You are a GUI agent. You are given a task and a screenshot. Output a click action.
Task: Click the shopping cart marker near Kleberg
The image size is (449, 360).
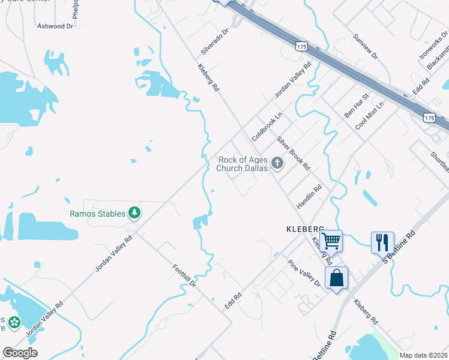(331, 241)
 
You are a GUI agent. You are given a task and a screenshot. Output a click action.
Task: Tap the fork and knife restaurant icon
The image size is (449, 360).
(382, 242)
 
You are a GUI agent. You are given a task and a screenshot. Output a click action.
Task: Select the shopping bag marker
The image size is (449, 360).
(336, 278)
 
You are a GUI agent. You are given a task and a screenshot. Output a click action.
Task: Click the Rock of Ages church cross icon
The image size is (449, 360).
(277, 163)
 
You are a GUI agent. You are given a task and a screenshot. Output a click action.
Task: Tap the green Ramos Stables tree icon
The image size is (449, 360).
(136, 213)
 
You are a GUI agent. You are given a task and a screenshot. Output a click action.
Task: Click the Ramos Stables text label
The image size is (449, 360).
(97, 214)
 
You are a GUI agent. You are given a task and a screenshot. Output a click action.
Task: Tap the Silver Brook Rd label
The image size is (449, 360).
(293, 152)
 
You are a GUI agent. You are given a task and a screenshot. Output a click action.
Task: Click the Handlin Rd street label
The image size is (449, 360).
(309, 197)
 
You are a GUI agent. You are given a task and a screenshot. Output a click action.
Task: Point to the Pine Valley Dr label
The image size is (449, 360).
(304, 273)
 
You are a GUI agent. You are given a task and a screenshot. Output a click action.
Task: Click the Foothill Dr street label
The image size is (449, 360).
(184, 277)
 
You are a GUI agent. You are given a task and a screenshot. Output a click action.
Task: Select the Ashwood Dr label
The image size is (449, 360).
(55, 26)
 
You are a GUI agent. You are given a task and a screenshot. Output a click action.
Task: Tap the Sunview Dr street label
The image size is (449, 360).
(366, 46)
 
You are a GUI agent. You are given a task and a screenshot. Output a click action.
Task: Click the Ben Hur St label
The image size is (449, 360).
(356, 106)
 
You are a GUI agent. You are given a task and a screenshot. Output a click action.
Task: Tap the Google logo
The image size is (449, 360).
(19, 353)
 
